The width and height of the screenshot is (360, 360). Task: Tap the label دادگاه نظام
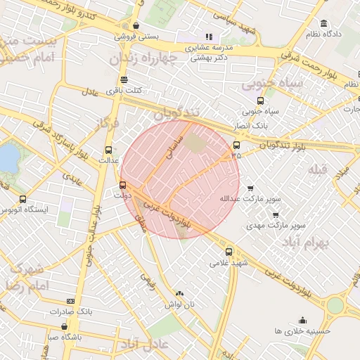(323, 33)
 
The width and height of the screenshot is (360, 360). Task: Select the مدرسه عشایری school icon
(208, 37)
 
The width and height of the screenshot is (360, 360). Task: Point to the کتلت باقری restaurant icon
(124, 79)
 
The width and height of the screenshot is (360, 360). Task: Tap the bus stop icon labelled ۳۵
(236, 146)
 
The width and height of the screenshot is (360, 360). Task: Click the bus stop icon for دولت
(124, 186)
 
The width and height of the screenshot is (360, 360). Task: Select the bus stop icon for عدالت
(108, 149)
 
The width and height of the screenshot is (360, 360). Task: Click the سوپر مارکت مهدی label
(276, 226)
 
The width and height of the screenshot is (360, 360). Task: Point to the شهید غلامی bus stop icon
(229, 252)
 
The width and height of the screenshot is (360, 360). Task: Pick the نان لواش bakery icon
(179, 293)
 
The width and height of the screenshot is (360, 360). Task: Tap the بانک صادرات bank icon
(70, 300)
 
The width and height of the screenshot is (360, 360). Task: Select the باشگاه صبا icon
(65, 326)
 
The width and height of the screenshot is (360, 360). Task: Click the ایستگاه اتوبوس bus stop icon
(23, 199)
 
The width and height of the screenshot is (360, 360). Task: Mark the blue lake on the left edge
(7, 158)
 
